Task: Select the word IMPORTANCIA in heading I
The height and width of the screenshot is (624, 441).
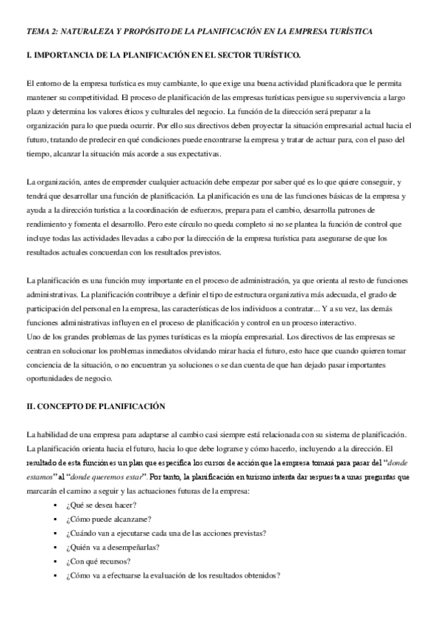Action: pos(71,56)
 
